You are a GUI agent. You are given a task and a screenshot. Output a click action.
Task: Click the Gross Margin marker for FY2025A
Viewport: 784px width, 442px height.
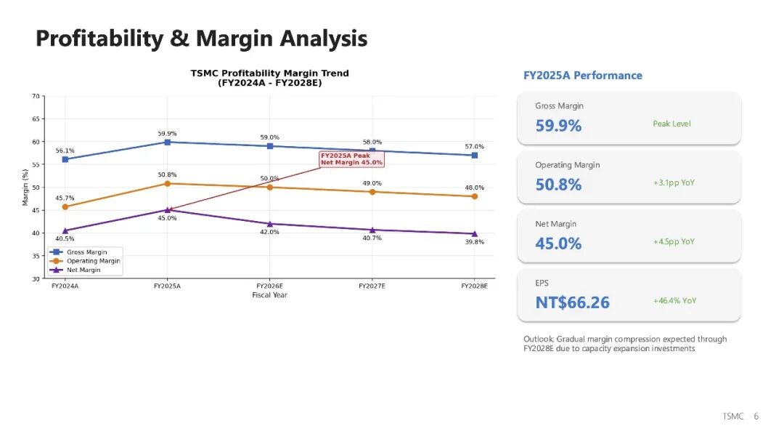(x=168, y=142)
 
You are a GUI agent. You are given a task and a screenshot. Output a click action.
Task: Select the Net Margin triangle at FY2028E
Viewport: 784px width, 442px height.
(x=474, y=233)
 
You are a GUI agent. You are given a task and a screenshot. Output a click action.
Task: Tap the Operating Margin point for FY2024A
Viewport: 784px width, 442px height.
(x=65, y=206)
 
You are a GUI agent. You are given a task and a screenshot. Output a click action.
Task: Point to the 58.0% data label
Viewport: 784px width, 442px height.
(x=372, y=142)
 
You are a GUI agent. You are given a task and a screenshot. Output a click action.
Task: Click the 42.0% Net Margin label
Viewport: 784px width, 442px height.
(x=269, y=232)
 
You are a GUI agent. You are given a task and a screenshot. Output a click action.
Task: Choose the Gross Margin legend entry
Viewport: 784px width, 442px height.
(x=84, y=252)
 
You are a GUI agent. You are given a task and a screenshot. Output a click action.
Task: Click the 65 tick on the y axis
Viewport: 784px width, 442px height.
(x=36, y=118)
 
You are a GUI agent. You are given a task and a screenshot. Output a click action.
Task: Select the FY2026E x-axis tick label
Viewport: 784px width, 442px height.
(x=269, y=286)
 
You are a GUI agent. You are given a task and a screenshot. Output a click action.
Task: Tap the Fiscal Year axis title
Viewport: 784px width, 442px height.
(x=269, y=295)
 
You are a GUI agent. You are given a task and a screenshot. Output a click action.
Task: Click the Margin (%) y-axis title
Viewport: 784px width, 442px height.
(x=25, y=188)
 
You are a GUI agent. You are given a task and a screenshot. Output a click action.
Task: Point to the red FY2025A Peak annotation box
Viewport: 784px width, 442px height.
(x=351, y=158)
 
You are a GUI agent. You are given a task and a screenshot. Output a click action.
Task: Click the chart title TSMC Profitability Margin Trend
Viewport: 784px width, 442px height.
(x=269, y=73)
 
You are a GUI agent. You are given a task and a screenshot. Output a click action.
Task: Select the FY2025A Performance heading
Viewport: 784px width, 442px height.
(x=582, y=76)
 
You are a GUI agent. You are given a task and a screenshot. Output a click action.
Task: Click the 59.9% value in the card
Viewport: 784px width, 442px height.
(x=558, y=126)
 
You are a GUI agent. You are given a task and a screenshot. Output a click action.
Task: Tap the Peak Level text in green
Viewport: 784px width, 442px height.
(x=671, y=124)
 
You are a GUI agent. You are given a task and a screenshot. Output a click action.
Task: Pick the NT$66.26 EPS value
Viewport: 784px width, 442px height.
(x=572, y=302)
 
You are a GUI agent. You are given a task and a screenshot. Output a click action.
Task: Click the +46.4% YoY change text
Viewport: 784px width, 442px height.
(x=674, y=300)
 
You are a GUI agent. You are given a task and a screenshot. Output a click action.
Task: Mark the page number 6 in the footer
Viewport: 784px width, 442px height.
(x=756, y=417)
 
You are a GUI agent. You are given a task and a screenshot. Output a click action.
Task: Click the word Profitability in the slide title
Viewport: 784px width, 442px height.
(x=99, y=39)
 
